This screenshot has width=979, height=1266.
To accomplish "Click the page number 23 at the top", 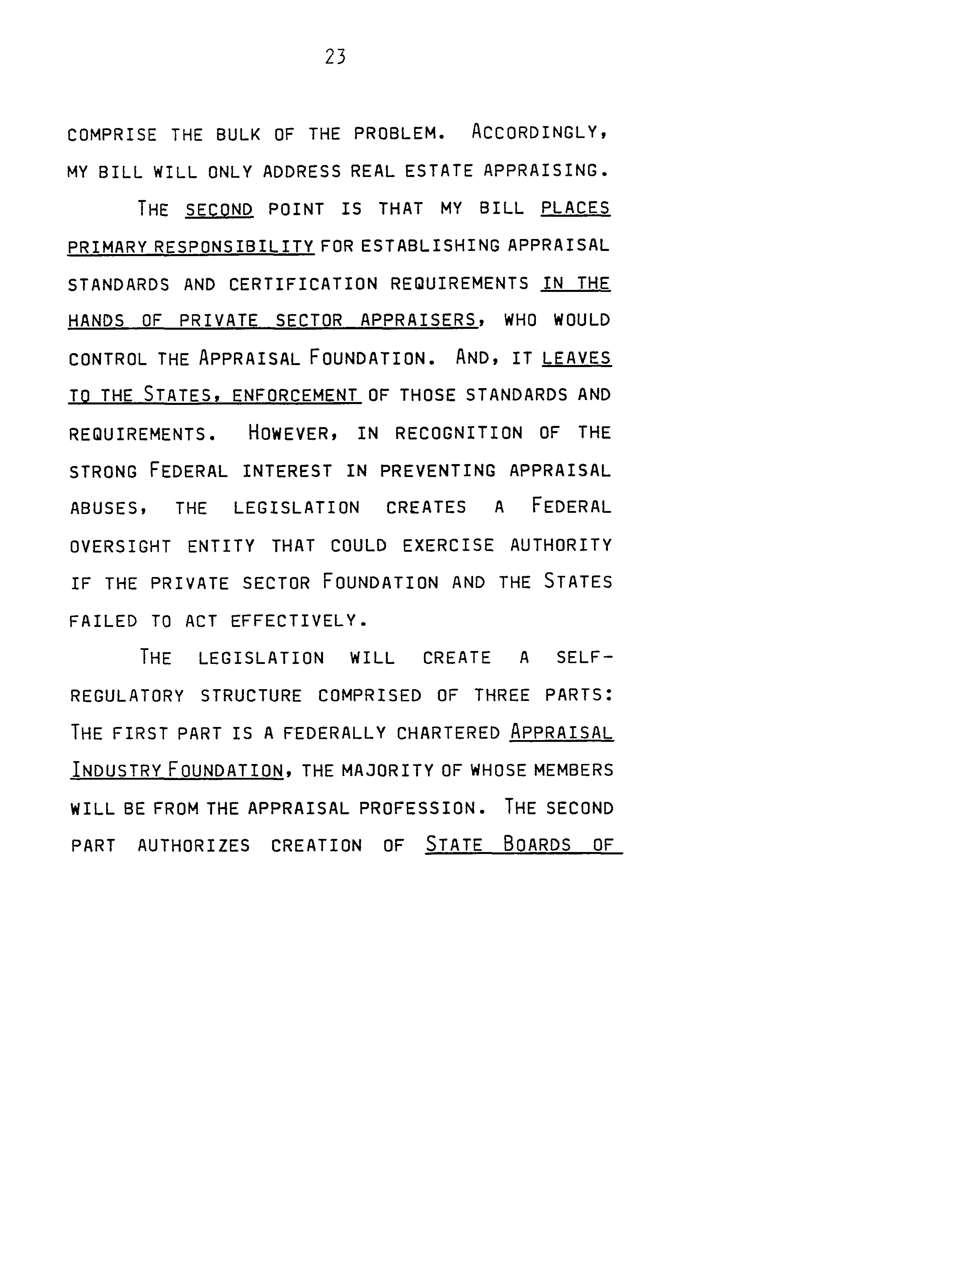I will coord(335,57).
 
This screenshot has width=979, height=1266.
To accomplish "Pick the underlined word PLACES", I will coord(575,208).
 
